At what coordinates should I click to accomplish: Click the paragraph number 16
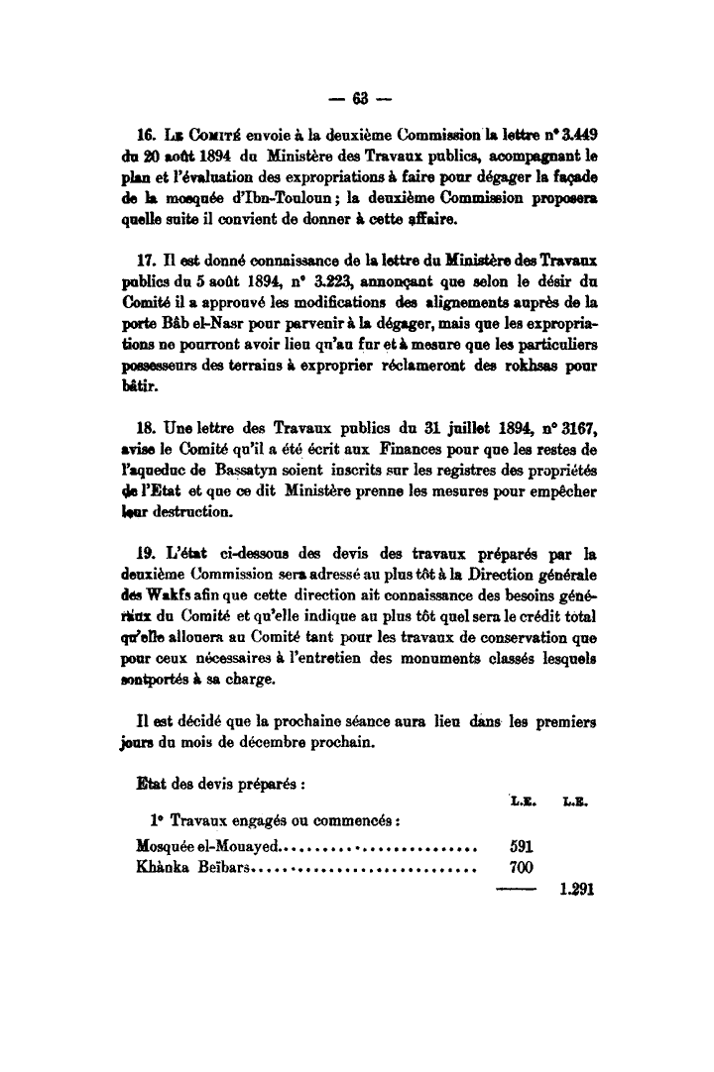[146, 134]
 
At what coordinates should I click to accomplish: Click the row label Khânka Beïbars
[194, 869]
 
